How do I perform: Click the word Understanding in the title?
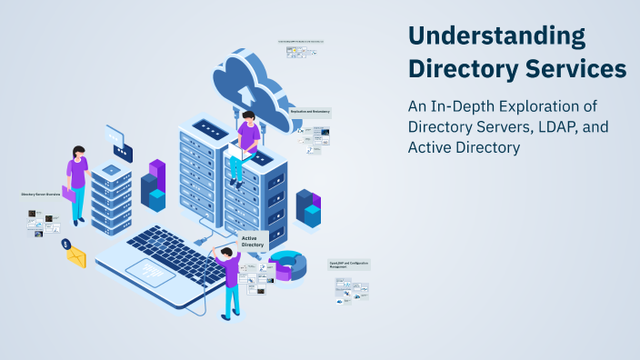coord(496,36)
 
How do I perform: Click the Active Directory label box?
coord(253,241)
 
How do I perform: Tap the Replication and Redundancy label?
coord(309,111)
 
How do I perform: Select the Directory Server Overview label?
coord(40,194)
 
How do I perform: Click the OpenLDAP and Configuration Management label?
coord(349,265)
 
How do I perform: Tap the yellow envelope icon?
coord(75,258)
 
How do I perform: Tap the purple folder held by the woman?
coord(69,193)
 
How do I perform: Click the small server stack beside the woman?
coord(113,195)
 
